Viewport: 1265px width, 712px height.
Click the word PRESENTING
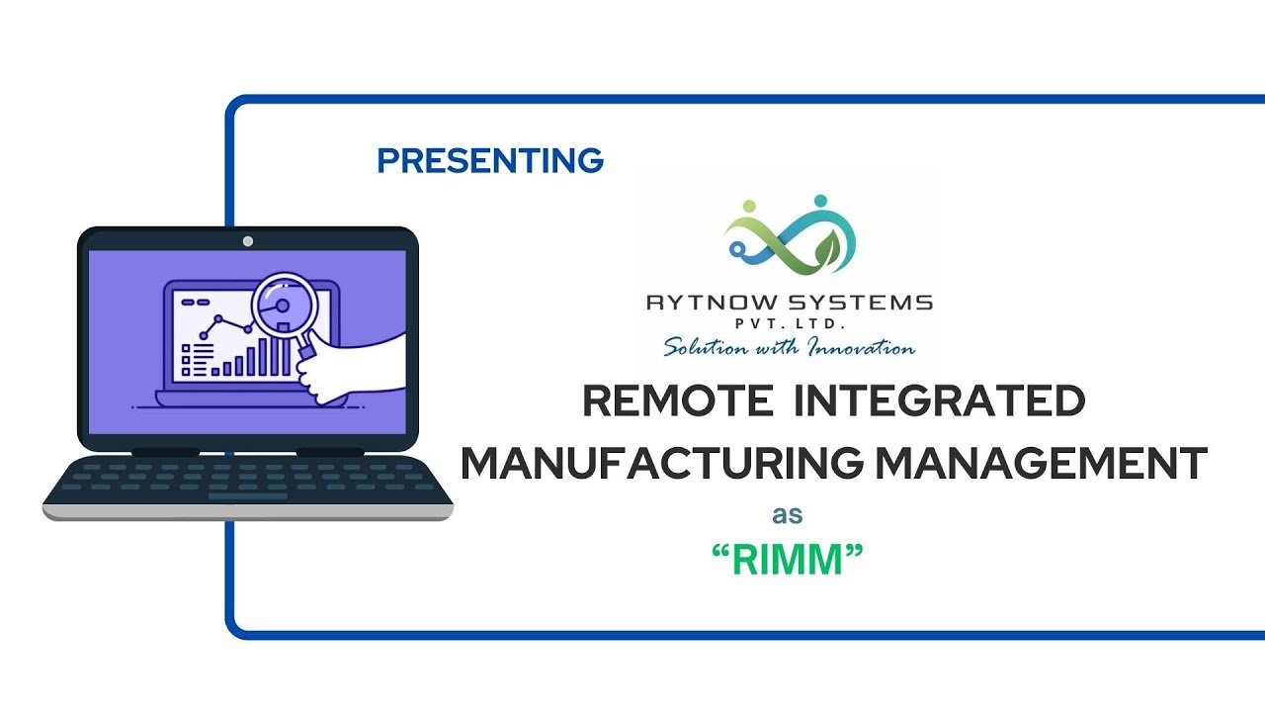[490, 160]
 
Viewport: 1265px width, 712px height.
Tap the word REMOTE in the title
[678, 401]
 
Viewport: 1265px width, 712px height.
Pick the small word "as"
[788, 515]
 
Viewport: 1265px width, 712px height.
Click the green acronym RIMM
[788, 562]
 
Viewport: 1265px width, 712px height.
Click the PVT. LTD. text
[788, 324]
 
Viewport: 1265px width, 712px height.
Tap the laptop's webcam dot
[248, 240]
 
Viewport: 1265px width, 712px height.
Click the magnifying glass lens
[282, 303]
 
